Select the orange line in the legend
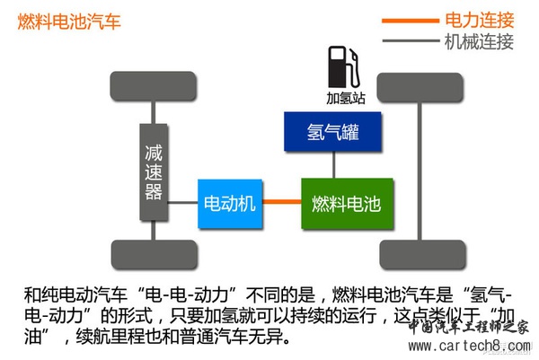(409, 20)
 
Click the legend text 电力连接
(479, 20)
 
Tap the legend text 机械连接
(479, 41)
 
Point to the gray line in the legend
(409, 41)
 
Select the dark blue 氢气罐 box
(333, 131)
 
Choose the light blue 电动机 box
(229, 204)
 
